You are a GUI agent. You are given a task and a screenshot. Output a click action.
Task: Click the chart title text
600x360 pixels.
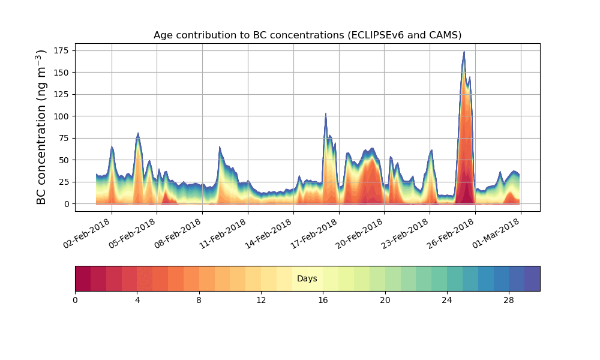point(307,35)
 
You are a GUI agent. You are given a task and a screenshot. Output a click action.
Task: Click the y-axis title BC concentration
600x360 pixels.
point(41,127)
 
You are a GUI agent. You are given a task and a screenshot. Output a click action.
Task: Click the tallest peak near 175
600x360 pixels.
point(464,52)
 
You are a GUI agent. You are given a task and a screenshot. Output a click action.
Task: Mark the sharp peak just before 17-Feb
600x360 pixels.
point(326,113)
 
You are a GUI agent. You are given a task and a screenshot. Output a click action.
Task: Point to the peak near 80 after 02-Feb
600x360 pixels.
point(138,133)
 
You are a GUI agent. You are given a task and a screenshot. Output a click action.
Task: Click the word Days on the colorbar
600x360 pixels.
point(307,279)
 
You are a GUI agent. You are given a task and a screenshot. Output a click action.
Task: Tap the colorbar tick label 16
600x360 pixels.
point(323,300)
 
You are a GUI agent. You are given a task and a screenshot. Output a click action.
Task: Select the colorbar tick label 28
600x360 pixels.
point(509,300)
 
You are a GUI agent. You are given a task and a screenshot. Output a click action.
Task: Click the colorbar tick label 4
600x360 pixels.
point(137,300)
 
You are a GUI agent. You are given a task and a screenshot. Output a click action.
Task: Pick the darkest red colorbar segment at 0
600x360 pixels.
point(83,278)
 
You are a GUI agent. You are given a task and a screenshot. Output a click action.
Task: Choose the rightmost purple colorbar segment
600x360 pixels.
point(532,278)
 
